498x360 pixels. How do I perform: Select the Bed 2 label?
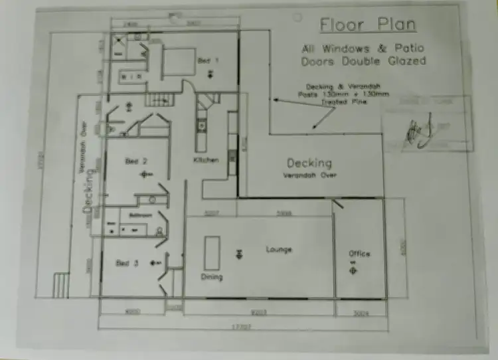click(136, 161)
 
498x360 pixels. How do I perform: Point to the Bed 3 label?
click(127, 263)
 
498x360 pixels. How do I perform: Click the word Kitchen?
click(206, 160)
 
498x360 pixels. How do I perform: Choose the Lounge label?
click(279, 249)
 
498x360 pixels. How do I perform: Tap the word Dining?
click(212, 276)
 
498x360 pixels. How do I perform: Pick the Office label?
click(359, 254)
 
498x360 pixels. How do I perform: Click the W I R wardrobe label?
click(130, 78)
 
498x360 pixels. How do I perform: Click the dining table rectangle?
click(212, 252)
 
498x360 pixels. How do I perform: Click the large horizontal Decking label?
click(309, 163)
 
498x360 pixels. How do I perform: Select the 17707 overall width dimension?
click(240, 326)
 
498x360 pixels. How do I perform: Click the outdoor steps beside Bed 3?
click(61, 286)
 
